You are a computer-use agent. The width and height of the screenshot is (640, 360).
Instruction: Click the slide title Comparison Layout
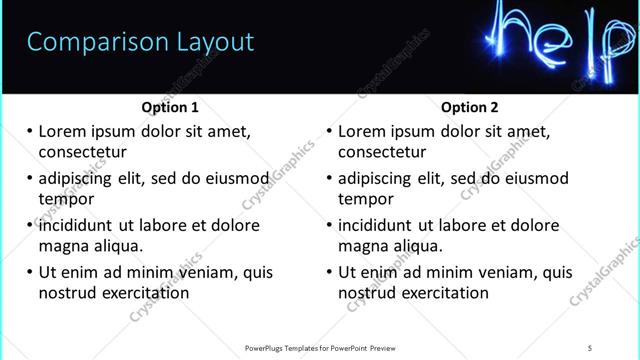click(140, 42)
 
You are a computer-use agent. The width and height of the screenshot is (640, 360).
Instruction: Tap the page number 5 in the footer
click(590, 347)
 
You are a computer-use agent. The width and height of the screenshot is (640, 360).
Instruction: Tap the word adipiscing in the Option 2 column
click(375, 179)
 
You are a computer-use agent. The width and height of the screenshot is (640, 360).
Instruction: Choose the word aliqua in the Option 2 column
click(419, 246)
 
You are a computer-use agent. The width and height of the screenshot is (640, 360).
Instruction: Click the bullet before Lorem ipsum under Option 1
click(28, 132)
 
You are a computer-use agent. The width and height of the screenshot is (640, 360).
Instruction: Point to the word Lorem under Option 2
click(362, 132)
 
